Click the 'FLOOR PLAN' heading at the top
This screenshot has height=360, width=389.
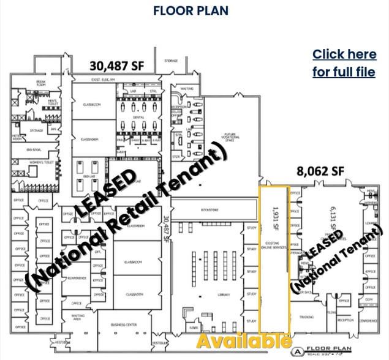click(191, 10)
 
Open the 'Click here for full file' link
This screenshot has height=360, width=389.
click(344, 63)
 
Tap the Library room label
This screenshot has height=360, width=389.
click(214, 294)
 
